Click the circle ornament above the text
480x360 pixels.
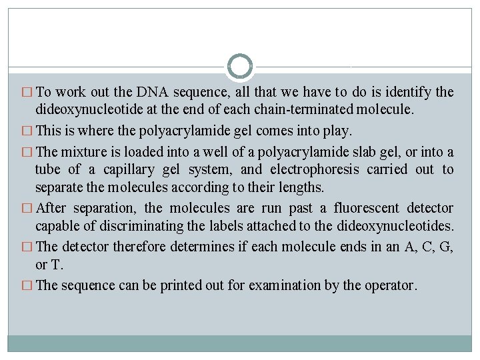240,67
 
